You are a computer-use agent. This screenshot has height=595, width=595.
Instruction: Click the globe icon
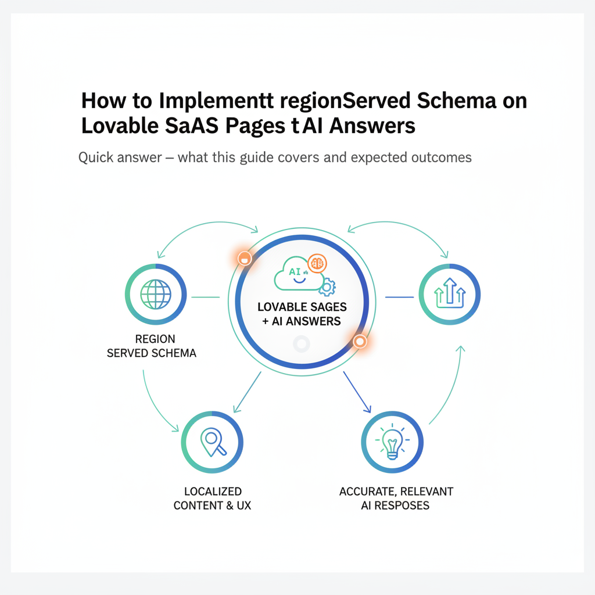[155, 295]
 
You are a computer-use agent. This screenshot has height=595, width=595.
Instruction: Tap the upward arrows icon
[450, 295]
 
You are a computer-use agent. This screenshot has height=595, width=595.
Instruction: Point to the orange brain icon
[317, 263]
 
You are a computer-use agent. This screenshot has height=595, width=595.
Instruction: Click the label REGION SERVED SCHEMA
[152, 346]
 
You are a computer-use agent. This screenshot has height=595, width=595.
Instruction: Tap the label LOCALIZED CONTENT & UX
[212, 499]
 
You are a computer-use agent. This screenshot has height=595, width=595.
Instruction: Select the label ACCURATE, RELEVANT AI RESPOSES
[395, 499]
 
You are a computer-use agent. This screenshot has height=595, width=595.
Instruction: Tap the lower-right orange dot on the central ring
[360, 342]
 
